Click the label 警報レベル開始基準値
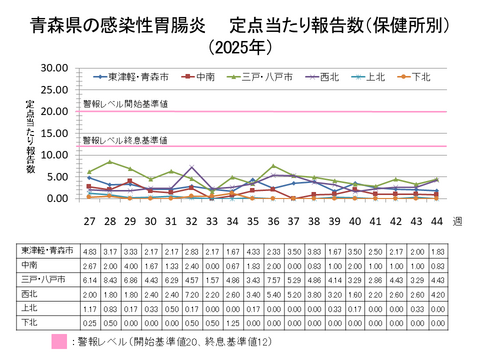(125, 103)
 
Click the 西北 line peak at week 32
(191, 167)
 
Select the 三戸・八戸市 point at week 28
(110, 161)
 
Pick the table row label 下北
(30, 324)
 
